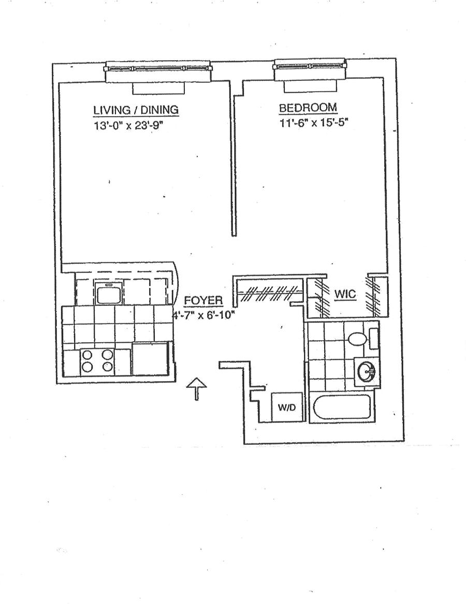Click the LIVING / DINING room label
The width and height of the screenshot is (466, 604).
tap(136, 110)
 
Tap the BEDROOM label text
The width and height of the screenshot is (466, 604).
tap(308, 108)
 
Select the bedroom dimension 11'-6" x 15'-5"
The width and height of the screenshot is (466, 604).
tap(310, 123)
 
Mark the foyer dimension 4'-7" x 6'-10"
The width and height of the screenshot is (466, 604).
tap(203, 314)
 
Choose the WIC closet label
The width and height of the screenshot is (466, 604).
tap(345, 294)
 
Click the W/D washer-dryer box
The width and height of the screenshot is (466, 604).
tap(286, 408)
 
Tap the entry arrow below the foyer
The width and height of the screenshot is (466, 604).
tap(197, 388)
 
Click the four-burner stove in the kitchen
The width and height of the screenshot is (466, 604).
tap(97, 361)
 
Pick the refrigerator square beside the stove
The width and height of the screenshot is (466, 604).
tap(151, 358)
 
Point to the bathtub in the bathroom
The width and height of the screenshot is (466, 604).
tap(342, 409)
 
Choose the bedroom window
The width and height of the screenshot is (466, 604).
tap(309, 66)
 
